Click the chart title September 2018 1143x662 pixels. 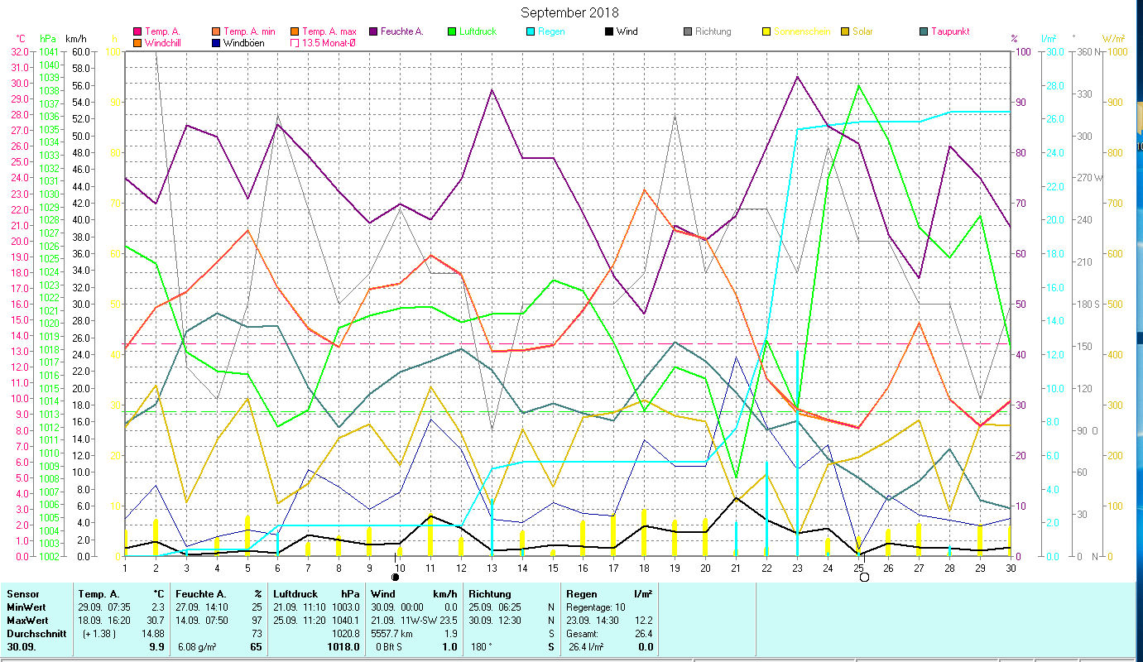pos(569,12)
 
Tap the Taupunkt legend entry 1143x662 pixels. pos(949,31)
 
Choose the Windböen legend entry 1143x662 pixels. pos(243,43)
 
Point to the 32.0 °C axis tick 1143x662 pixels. pos(18,51)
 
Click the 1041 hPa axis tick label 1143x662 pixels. pos(48,51)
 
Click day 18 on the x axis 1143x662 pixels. pos(644,567)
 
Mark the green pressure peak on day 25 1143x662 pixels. pos(859,85)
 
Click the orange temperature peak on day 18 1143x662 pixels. pos(645,189)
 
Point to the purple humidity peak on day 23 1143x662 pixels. pos(797,76)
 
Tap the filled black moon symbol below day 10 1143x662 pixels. pos(396,577)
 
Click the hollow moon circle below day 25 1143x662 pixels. pos(864,577)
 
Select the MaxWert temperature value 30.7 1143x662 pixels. pos(156,620)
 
